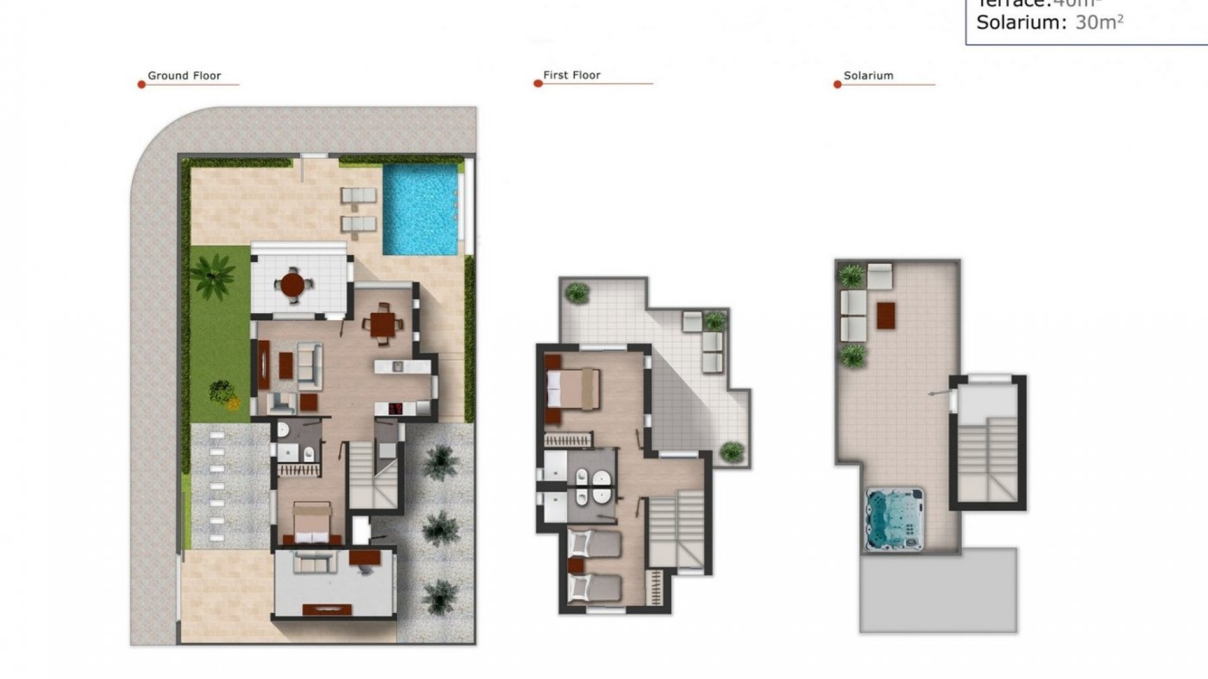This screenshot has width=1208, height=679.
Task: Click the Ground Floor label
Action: [x=184, y=75]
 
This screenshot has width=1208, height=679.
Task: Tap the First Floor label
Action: [x=571, y=75]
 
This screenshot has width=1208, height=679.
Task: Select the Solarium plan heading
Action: [x=868, y=75]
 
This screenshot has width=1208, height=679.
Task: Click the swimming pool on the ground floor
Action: [x=420, y=209]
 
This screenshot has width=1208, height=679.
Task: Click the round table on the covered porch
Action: [x=293, y=285]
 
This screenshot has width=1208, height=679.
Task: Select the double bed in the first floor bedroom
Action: [x=573, y=389]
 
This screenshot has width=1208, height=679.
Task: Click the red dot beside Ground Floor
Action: [x=142, y=84]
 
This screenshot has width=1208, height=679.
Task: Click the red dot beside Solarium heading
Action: [x=837, y=84]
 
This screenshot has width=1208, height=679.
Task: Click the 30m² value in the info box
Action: [x=1099, y=23]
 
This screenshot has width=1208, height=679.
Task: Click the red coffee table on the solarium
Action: [x=886, y=316]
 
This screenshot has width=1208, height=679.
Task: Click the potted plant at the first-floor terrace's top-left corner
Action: [x=577, y=292]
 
